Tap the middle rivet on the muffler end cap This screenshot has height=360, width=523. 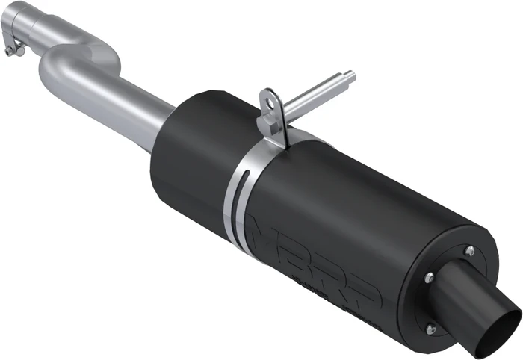coord(428,277)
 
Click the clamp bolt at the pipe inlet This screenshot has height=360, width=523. coord(10,51)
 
